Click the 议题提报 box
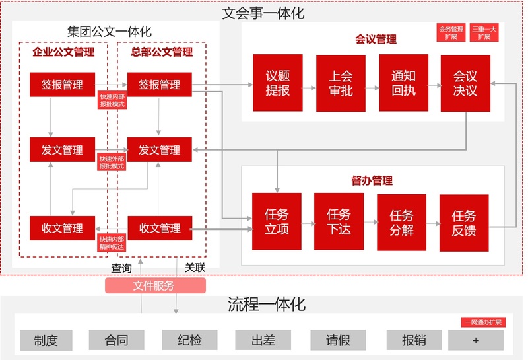tap(277, 83)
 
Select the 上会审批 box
tap(341, 83)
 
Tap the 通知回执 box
tap(403, 83)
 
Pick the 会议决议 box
tap(465, 83)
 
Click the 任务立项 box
tap(277, 221)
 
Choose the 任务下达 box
tap(339, 221)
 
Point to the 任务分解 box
tap(401, 222)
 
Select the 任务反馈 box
tap(464, 223)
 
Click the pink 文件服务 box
tap(155, 285)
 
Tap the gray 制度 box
tap(46, 340)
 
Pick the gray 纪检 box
tap(189, 340)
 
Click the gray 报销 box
tap(414, 340)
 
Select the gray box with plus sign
tap(476, 340)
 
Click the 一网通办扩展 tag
tap(483, 322)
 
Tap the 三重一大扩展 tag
tap(484, 32)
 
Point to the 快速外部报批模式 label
tap(112, 162)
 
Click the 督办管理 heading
tap(372, 181)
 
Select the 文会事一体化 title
tap(263, 13)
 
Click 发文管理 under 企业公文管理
tap(62, 150)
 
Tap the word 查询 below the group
tap(121, 268)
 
